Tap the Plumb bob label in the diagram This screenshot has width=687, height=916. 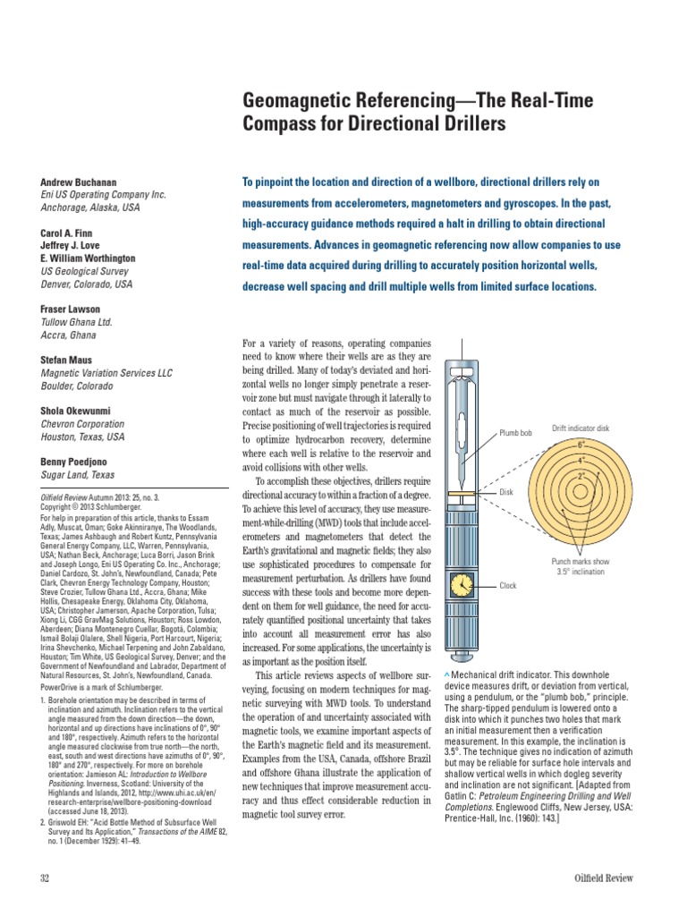(516, 433)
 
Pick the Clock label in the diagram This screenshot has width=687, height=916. (509, 586)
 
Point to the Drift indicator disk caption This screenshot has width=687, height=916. (581, 428)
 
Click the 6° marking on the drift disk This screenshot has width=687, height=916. (581, 445)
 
